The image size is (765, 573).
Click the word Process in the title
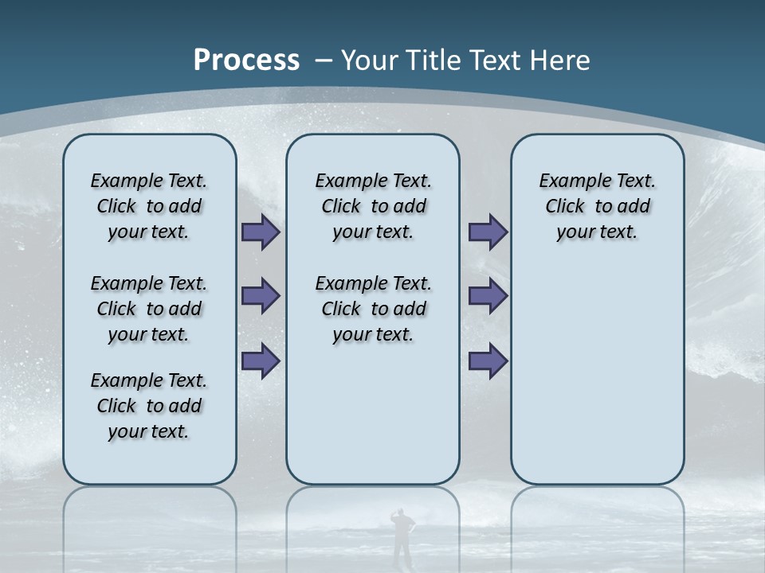point(246,60)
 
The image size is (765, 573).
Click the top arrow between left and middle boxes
point(261,232)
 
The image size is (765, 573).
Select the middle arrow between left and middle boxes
point(261,296)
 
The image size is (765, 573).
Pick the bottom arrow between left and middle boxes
point(261,361)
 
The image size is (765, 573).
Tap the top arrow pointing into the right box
point(488,232)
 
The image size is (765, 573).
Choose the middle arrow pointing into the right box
point(488,296)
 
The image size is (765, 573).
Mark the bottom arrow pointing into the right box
point(488,361)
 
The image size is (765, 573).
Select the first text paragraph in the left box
point(149,206)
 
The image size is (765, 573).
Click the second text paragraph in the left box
point(149,309)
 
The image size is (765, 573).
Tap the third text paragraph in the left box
point(149,406)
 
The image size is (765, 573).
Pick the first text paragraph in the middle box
point(373,206)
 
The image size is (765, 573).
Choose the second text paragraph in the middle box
point(373,309)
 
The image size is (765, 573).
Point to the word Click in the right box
point(565,207)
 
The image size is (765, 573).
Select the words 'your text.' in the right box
point(597,232)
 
